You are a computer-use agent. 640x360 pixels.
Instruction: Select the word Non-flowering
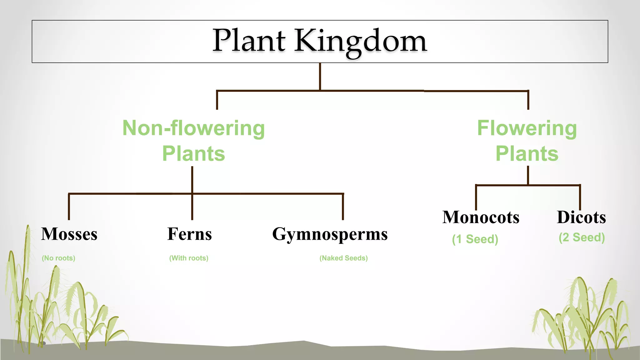(193, 128)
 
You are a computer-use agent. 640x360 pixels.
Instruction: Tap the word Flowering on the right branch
(527, 128)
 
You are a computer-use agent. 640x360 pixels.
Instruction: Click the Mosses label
(69, 234)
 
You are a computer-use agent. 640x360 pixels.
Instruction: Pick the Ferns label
(189, 234)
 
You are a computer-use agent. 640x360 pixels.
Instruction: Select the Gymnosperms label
(330, 234)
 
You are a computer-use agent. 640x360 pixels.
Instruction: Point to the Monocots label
(481, 217)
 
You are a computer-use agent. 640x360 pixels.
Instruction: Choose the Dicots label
(581, 217)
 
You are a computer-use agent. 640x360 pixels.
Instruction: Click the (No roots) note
(58, 258)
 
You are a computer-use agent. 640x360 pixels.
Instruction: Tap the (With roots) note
(189, 258)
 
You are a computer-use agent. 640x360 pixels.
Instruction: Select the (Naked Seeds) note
(343, 258)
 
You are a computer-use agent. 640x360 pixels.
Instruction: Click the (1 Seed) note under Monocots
(475, 239)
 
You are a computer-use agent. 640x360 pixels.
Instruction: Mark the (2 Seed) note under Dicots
(582, 237)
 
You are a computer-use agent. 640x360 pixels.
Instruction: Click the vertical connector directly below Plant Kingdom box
(320, 77)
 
